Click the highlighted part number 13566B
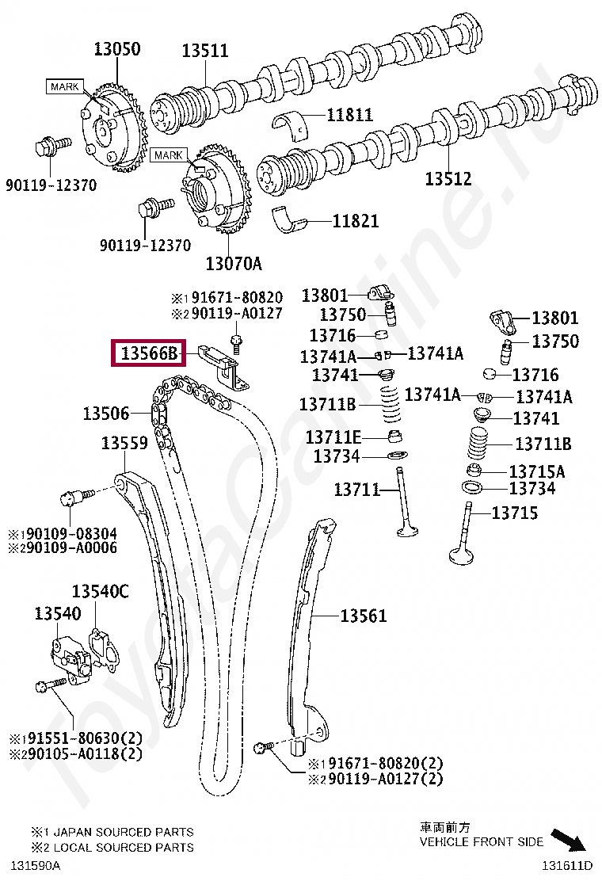pos(149,353)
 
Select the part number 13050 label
pos(116,49)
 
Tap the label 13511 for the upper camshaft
pos(204,51)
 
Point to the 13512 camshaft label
pos(448,179)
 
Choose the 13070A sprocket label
pos(233,263)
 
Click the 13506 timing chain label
pos(106,413)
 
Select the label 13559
pos(124,443)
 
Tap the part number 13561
pos(364,615)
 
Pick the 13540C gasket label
pos(100,591)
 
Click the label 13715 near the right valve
pos(514,513)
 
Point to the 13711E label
pos(333,437)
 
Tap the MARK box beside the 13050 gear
pos(64,86)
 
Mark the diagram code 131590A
pos(34,864)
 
